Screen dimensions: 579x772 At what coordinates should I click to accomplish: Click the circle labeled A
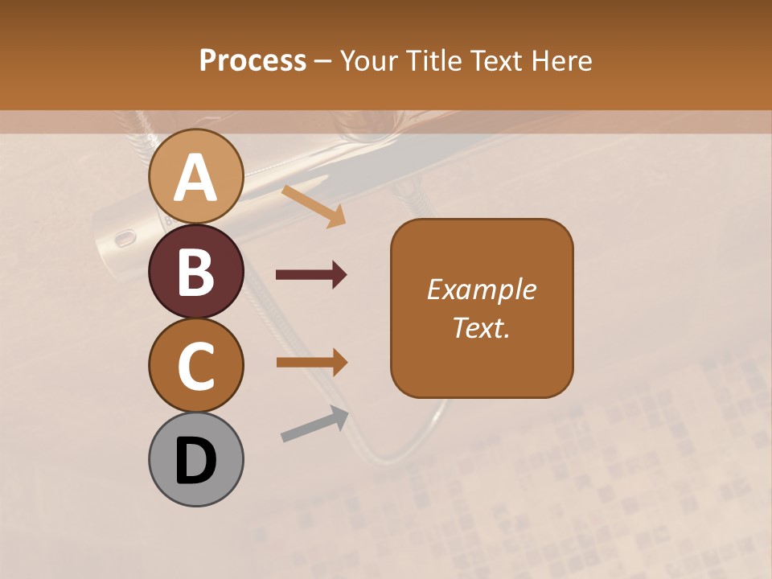click(195, 177)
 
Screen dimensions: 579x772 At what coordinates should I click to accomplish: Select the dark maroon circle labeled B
click(195, 271)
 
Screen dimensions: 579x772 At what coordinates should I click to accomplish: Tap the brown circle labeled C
click(195, 365)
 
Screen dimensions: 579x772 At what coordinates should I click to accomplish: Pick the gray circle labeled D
click(195, 459)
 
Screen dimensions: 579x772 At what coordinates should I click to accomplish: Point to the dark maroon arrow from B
click(311, 275)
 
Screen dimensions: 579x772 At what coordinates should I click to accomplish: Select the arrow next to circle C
click(311, 362)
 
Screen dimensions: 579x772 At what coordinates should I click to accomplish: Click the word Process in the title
click(253, 60)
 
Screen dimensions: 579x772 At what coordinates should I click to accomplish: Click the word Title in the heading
click(433, 60)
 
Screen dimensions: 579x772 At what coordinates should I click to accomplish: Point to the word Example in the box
click(481, 289)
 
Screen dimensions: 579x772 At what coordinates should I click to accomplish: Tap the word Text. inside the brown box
click(481, 327)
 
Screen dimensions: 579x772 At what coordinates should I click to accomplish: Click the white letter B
click(195, 272)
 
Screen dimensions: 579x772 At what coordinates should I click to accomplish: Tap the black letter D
click(195, 460)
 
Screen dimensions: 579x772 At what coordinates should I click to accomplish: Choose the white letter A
click(195, 178)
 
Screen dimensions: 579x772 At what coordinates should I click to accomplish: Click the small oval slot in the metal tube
click(123, 239)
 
